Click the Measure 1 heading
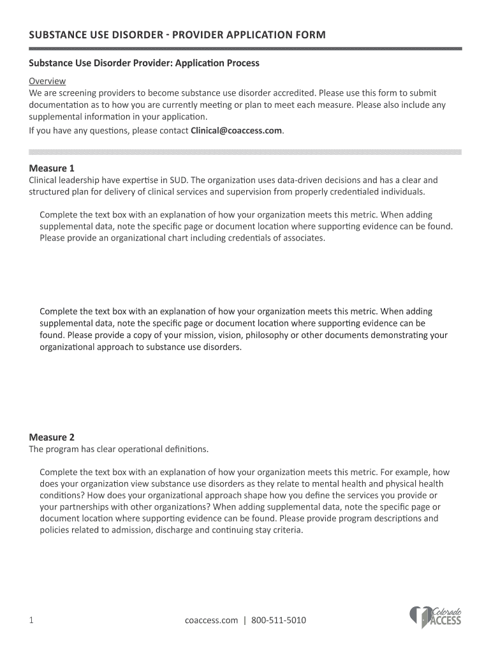point(52,168)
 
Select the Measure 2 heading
point(52,437)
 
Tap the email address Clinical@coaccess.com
point(236,131)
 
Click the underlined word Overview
point(47,81)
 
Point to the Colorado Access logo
point(435,617)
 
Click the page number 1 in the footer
point(31,620)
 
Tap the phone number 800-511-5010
point(279,620)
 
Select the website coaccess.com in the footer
point(211,620)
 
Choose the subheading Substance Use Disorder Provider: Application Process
point(144,64)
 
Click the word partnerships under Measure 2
point(85,507)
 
